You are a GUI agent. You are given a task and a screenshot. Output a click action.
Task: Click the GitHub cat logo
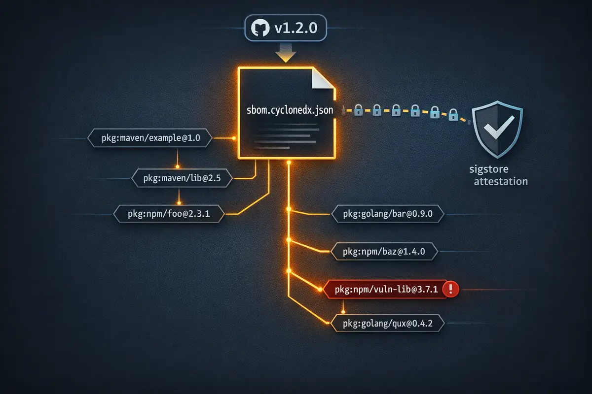[260, 28]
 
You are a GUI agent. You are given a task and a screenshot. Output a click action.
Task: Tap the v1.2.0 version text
[296, 28]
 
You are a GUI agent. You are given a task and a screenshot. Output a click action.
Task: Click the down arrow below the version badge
[286, 53]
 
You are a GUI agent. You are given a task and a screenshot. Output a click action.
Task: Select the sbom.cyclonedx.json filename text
[290, 110]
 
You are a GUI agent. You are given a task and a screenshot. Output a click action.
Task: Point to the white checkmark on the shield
[499, 127]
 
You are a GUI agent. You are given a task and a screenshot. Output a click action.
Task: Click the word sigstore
[489, 169]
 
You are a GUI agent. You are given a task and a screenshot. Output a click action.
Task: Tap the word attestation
[501, 182]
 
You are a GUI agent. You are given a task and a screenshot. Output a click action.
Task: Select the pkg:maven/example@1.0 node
[150, 138]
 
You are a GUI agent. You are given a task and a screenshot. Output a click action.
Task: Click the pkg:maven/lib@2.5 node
[182, 178]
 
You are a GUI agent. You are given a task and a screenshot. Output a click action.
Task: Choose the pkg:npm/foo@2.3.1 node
[169, 214]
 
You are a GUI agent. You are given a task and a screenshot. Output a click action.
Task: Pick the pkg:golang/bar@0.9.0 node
[388, 214]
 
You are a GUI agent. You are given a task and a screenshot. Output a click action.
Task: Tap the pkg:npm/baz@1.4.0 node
[384, 252]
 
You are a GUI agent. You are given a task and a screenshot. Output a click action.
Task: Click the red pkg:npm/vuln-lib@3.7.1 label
[386, 290]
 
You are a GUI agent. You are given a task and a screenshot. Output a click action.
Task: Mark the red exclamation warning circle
[451, 289]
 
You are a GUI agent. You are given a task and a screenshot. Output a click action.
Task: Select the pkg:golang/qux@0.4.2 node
[388, 323]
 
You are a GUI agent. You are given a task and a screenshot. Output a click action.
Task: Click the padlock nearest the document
[358, 110]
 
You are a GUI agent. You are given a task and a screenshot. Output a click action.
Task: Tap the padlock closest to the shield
[453, 115]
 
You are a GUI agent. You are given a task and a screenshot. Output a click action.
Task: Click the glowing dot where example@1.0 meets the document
[234, 138]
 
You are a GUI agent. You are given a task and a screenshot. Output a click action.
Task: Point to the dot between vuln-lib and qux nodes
[343, 312]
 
